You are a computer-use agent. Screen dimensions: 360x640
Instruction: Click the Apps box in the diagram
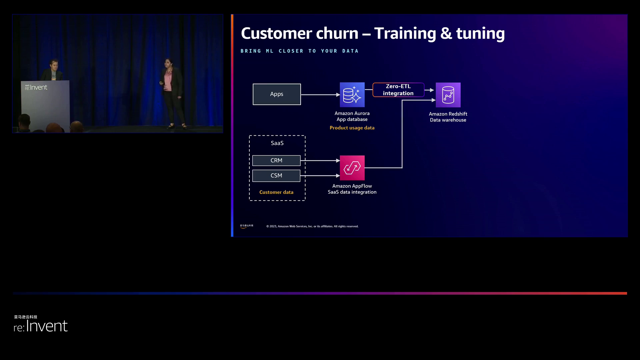(277, 94)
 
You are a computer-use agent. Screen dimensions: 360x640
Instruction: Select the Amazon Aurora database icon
(352, 95)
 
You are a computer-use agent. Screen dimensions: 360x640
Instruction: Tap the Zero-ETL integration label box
(398, 90)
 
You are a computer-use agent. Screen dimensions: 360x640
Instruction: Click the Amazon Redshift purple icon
(448, 95)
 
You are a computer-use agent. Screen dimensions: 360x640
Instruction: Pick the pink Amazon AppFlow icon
(352, 168)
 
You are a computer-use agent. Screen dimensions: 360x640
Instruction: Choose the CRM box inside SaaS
(276, 161)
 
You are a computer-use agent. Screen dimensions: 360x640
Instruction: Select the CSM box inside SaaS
(276, 176)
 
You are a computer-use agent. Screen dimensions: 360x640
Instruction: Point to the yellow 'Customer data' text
(276, 192)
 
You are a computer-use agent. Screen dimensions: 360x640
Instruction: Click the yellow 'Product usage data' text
(352, 128)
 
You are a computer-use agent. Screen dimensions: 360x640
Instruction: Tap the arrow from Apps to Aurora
(320, 95)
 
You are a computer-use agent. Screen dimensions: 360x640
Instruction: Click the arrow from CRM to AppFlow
(320, 161)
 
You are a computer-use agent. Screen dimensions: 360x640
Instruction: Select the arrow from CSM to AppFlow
(320, 176)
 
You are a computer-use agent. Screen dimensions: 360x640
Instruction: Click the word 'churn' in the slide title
(337, 34)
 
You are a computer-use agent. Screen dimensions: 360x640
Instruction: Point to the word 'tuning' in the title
(480, 34)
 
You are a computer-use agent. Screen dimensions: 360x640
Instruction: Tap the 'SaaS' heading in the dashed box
(277, 143)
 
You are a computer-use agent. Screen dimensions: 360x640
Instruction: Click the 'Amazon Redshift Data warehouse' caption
(448, 117)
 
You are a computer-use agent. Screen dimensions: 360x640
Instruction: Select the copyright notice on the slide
(312, 226)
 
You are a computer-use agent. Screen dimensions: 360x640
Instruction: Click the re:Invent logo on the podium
(36, 87)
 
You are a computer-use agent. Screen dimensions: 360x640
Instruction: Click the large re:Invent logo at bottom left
(41, 325)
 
